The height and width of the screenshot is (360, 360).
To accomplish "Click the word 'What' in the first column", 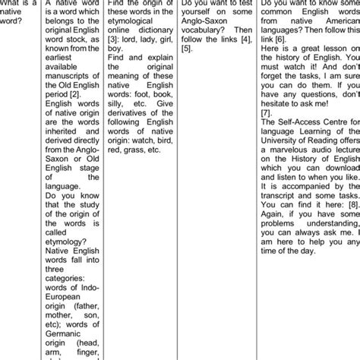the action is tap(13, 5).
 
